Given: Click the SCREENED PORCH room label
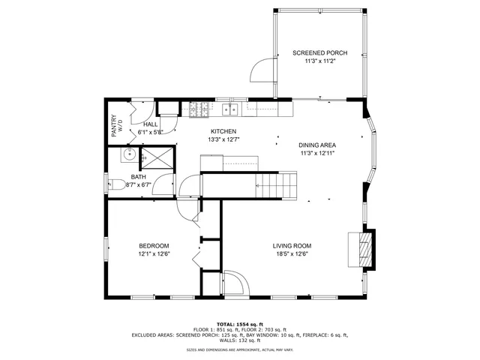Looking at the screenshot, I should pyautogui.click(x=319, y=53).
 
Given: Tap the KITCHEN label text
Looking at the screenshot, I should pyautogui.click(x=223, y=130).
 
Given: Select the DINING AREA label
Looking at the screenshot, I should pyautogui.click(x=316, y=145).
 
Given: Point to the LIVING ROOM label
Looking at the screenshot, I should pyautogui.click(x=291, y=246).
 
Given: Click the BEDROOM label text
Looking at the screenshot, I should pyautogui.click(x=153, y=246).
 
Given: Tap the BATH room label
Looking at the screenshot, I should pyautogui.click(x=139, y=177).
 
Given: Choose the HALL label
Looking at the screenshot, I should pyautogui.click(x=150, y=124).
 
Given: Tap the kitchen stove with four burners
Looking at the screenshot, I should pyautogui.click(x=199, y=110).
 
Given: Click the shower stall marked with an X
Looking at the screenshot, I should pyautogui.click(x=156, y=157).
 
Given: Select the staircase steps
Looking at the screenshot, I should pyautogui.click(x=277, y=184).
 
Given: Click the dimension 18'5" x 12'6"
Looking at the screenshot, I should pyautogui.click(x=291, y=254).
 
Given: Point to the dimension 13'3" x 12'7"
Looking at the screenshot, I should pyautogui.click(x=223, y=139).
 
